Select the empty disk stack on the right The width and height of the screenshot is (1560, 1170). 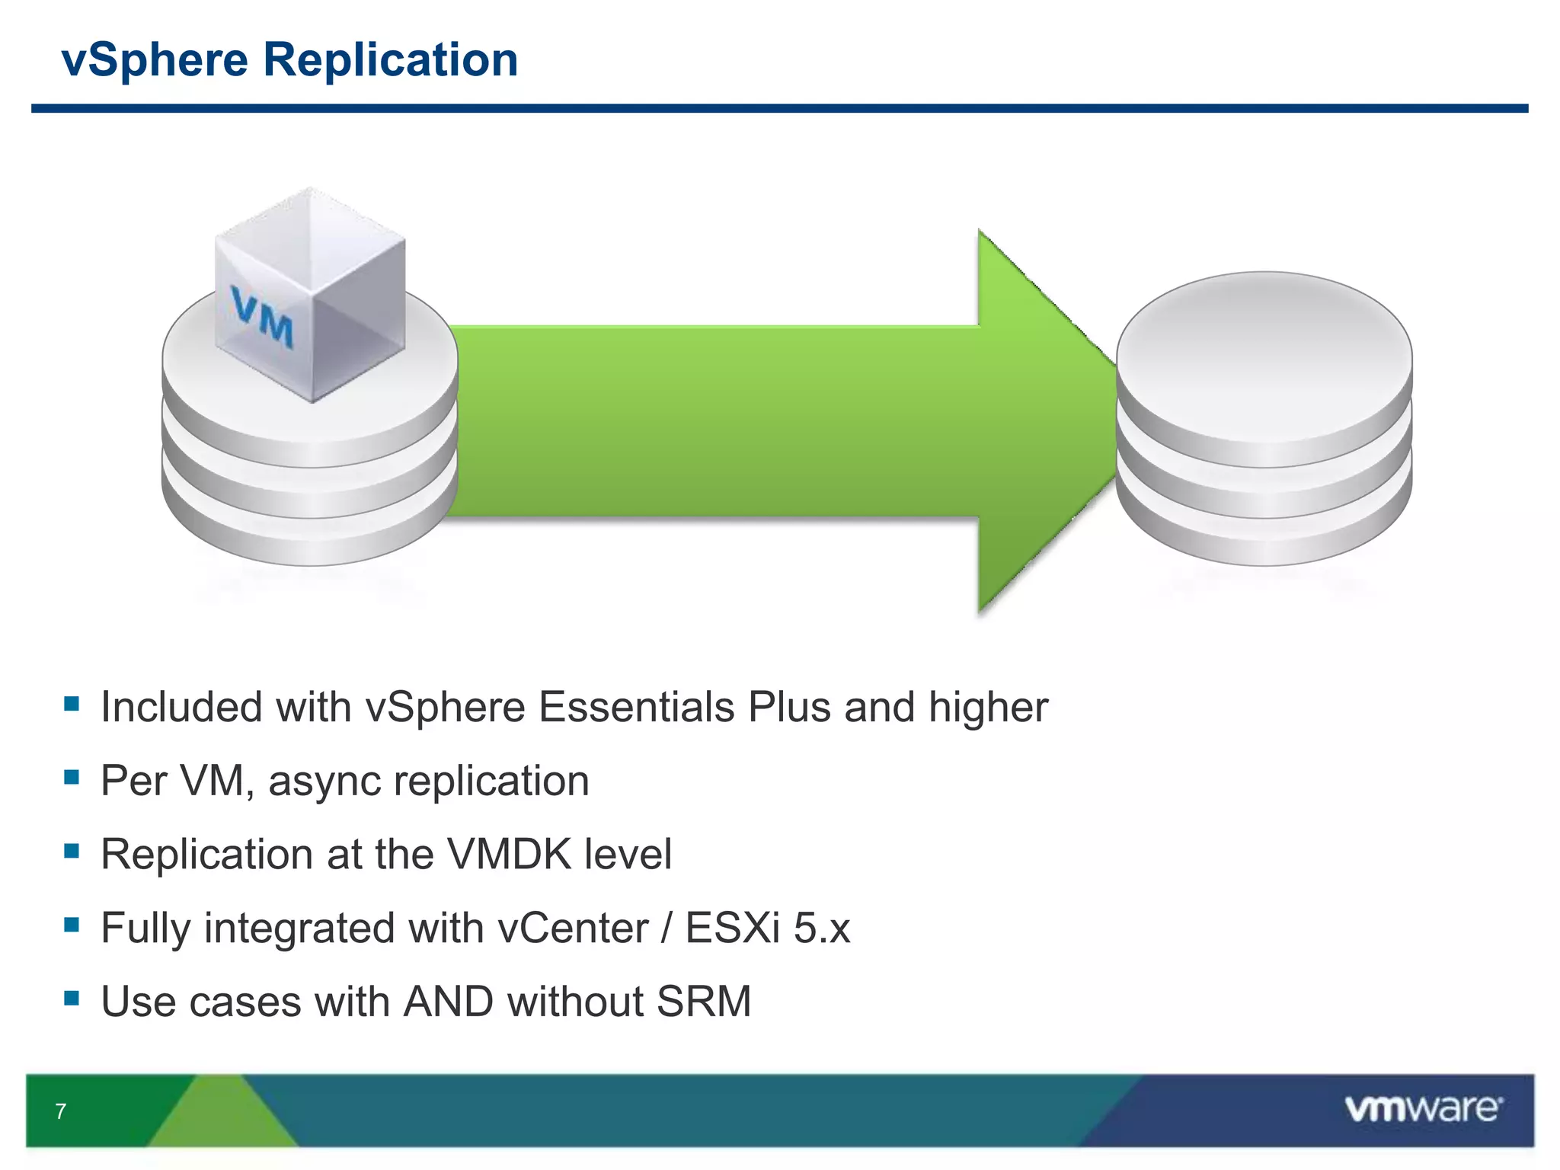coord(1264,419)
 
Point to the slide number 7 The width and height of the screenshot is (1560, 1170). coord(61,1111)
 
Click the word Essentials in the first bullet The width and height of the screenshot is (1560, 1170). coord(637,707)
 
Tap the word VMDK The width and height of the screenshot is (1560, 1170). coord(509,854)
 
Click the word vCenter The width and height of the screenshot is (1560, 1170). coord(572,928)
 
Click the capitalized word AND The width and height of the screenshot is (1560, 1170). coord(448,1001)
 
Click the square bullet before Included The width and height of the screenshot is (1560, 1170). coord(72,703)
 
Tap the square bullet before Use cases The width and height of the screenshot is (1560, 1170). coord(72,997)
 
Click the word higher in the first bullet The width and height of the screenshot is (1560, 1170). coord(988,707)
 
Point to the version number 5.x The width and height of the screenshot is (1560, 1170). coord(822,928)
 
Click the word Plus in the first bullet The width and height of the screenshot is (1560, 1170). coord(789,707)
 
